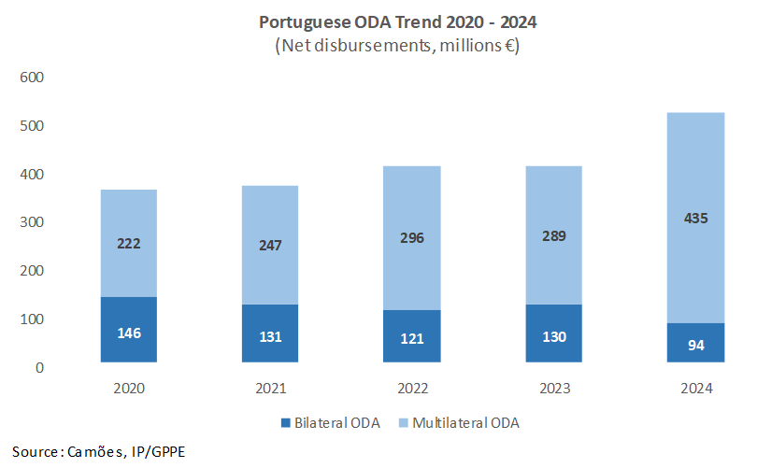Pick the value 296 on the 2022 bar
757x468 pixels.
pos(411,237)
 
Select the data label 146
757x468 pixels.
pos(129,333)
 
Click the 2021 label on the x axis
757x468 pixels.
pos(270,388)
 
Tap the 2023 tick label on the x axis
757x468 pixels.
pos(553,388)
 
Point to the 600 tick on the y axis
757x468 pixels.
pos(33,78)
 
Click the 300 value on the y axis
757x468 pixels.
pos(33,222)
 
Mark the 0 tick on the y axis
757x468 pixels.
pos(40,367)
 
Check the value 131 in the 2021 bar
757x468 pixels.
pos(270,335)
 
